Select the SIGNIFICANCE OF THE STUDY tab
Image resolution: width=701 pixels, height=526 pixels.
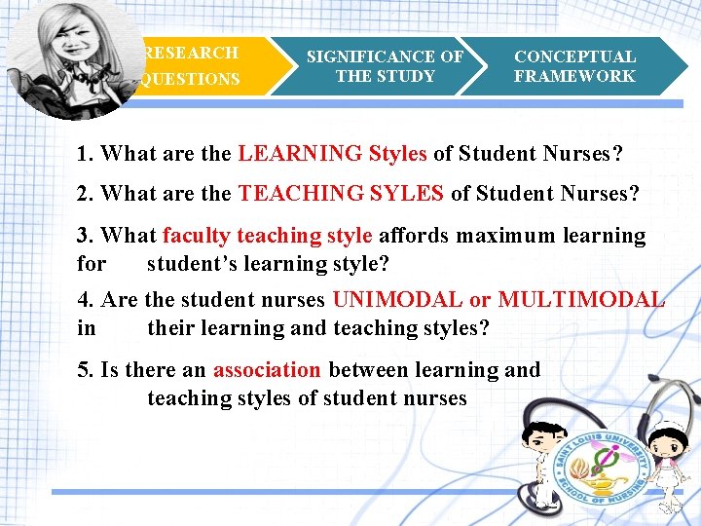tap(385, 66)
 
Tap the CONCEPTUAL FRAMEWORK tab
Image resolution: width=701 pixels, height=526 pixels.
tap(574, 66)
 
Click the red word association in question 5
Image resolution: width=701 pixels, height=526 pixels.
tap(267, 370)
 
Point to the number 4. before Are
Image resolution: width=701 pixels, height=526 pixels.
tap(86, 300)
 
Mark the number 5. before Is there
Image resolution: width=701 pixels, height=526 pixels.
tap(86, 370)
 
